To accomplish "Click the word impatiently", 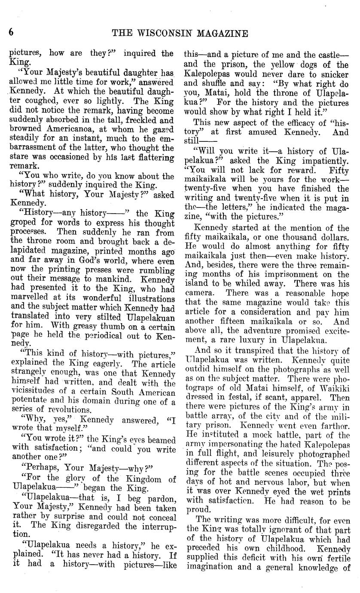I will (x=325, y=160).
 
